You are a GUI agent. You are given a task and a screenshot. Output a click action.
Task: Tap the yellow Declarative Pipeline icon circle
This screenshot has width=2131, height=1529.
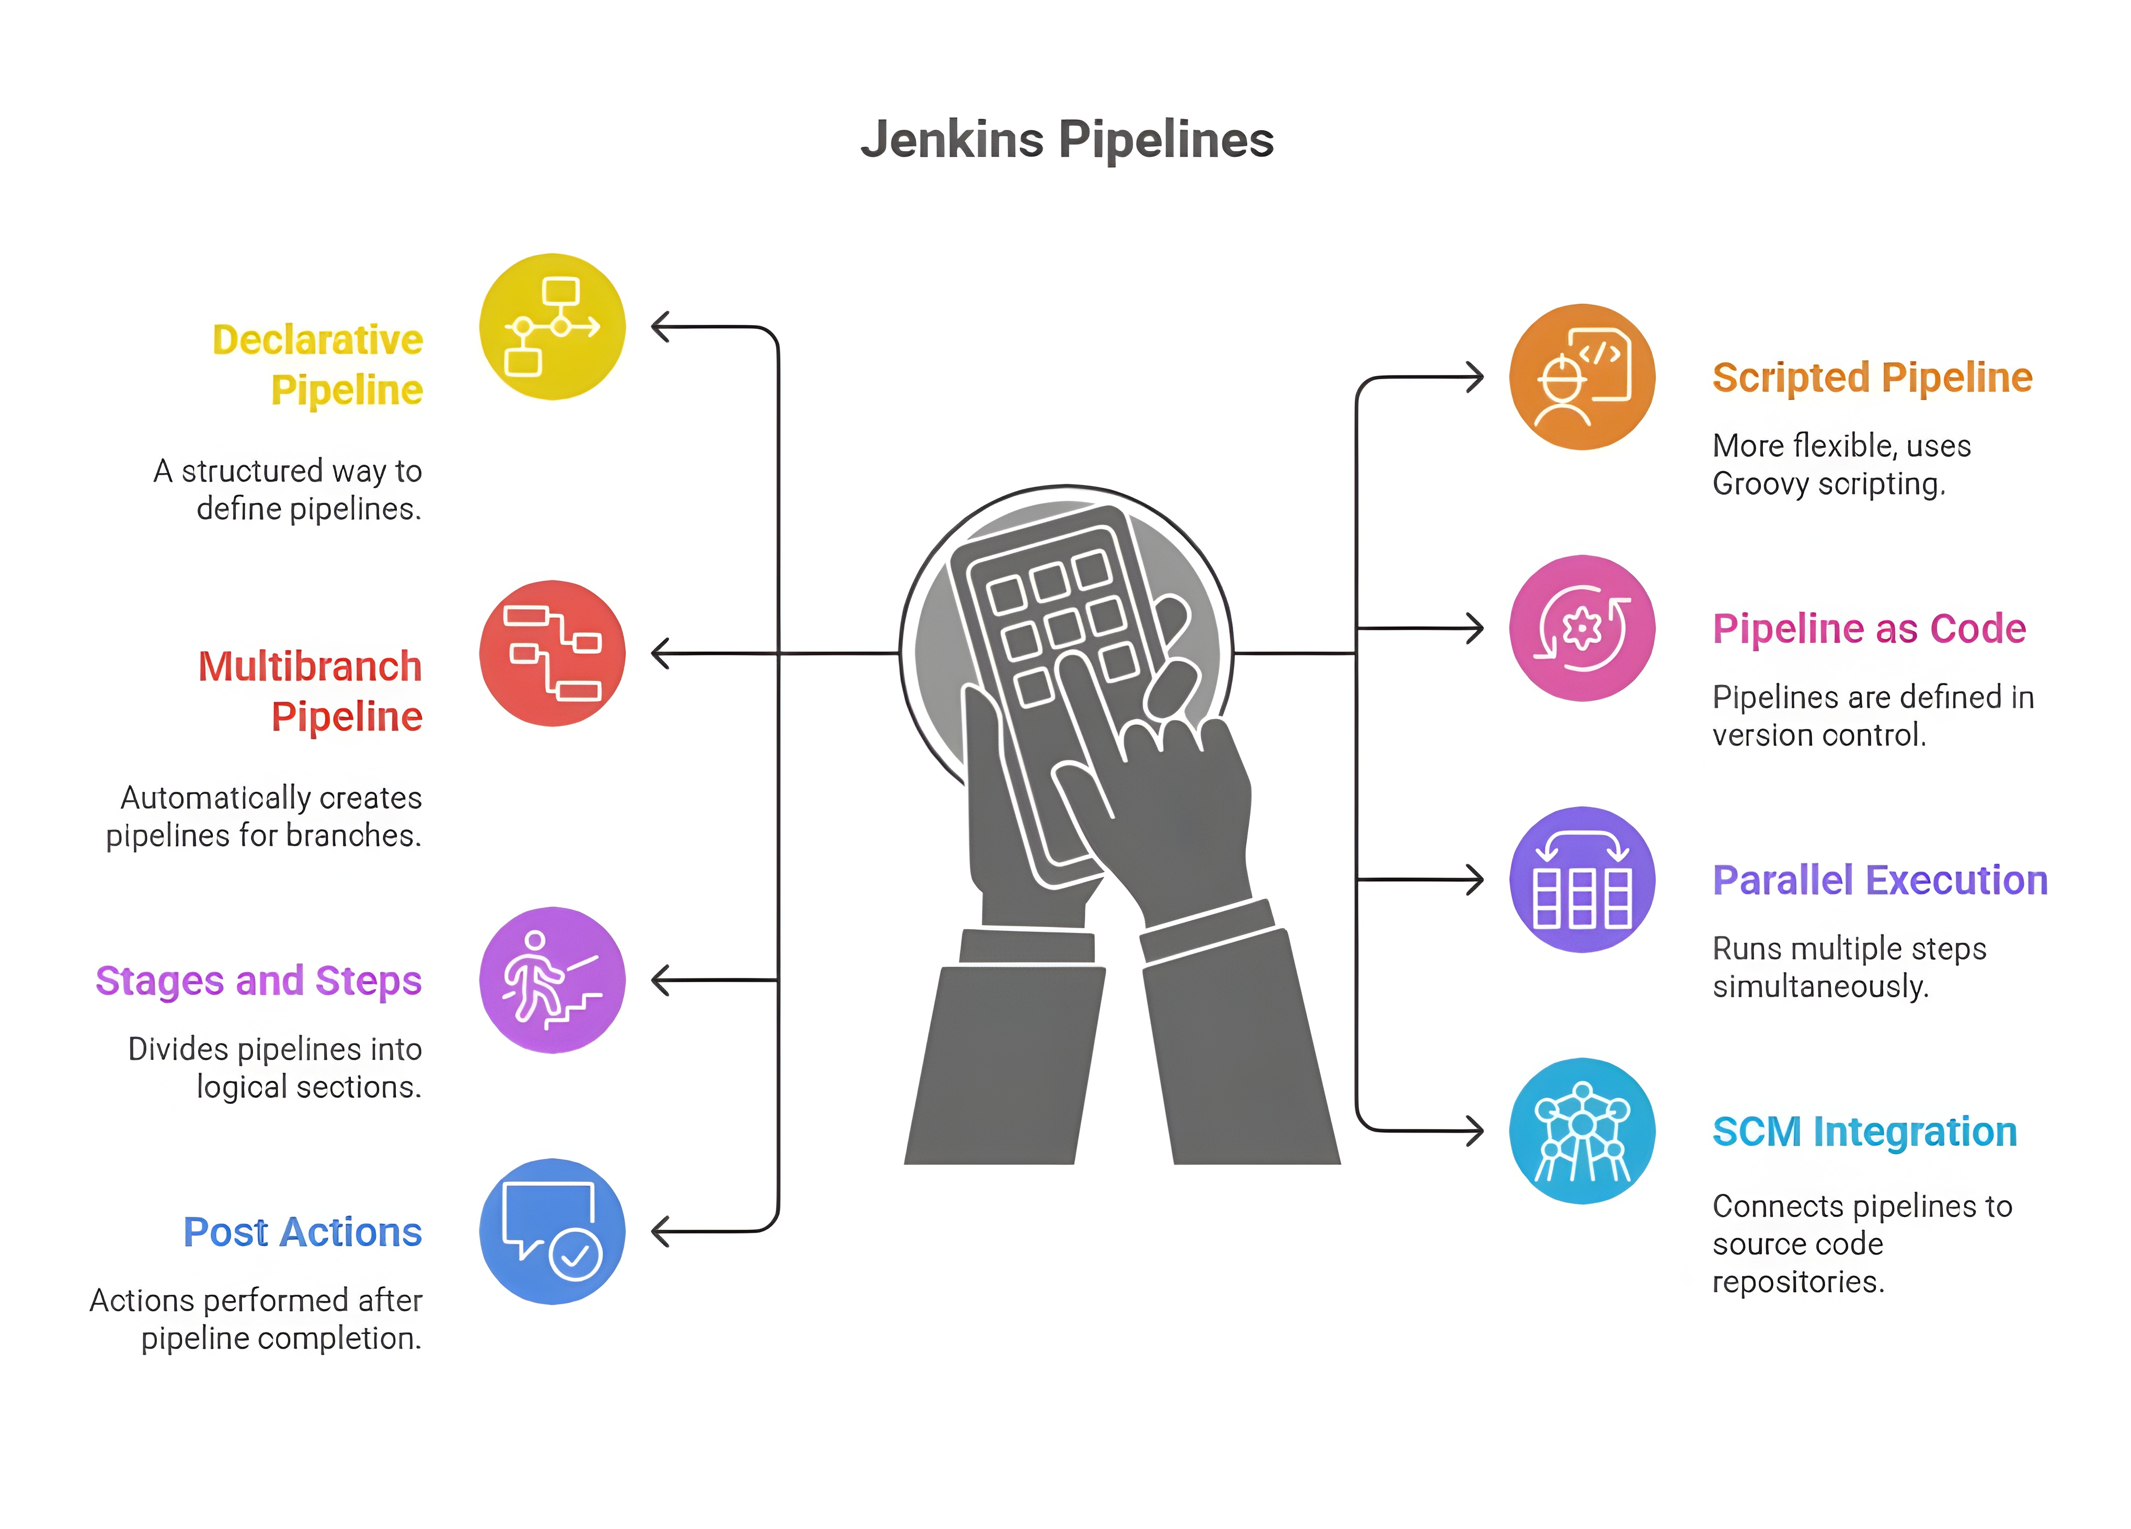click(553, 326)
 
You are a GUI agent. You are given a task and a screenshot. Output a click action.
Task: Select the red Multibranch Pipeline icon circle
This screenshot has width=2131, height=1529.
click(553, 653)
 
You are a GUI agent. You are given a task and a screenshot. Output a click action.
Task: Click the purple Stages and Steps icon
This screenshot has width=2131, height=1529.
click(553, 979)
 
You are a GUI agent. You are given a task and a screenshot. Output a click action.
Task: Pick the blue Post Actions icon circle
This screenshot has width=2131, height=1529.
click(553, 1231)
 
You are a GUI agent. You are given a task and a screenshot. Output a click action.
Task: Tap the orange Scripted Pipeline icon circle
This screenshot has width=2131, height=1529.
click(1582, 377)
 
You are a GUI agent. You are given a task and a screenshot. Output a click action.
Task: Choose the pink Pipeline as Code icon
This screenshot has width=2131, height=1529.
click(1582, 628)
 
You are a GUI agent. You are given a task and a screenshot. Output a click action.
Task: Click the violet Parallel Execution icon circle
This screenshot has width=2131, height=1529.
click(1582, 880)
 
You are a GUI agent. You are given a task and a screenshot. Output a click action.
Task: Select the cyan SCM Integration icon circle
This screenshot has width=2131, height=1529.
click(1582, 1131)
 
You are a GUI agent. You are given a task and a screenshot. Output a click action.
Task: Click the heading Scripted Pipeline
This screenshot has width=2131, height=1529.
click(1872, 378)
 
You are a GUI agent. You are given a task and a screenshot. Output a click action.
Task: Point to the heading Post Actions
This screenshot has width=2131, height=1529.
click(303, 1232)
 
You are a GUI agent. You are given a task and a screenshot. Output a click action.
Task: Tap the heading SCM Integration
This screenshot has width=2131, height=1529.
click(1864, 1132)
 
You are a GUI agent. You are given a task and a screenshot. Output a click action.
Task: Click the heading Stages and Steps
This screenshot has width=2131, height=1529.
click(258, 980)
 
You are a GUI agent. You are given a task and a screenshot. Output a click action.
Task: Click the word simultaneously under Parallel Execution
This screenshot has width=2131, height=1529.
click(1820, 987)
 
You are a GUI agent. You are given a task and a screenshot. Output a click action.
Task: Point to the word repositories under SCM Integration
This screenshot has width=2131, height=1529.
click(1797, 1282)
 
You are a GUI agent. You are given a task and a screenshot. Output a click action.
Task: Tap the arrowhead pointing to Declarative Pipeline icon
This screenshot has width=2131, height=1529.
click(660, 327)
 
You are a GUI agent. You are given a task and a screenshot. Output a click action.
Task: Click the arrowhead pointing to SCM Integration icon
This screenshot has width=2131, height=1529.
click(1475, 1131)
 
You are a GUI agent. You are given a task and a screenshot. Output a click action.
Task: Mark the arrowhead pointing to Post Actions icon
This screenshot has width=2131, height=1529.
click(660, 1231)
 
